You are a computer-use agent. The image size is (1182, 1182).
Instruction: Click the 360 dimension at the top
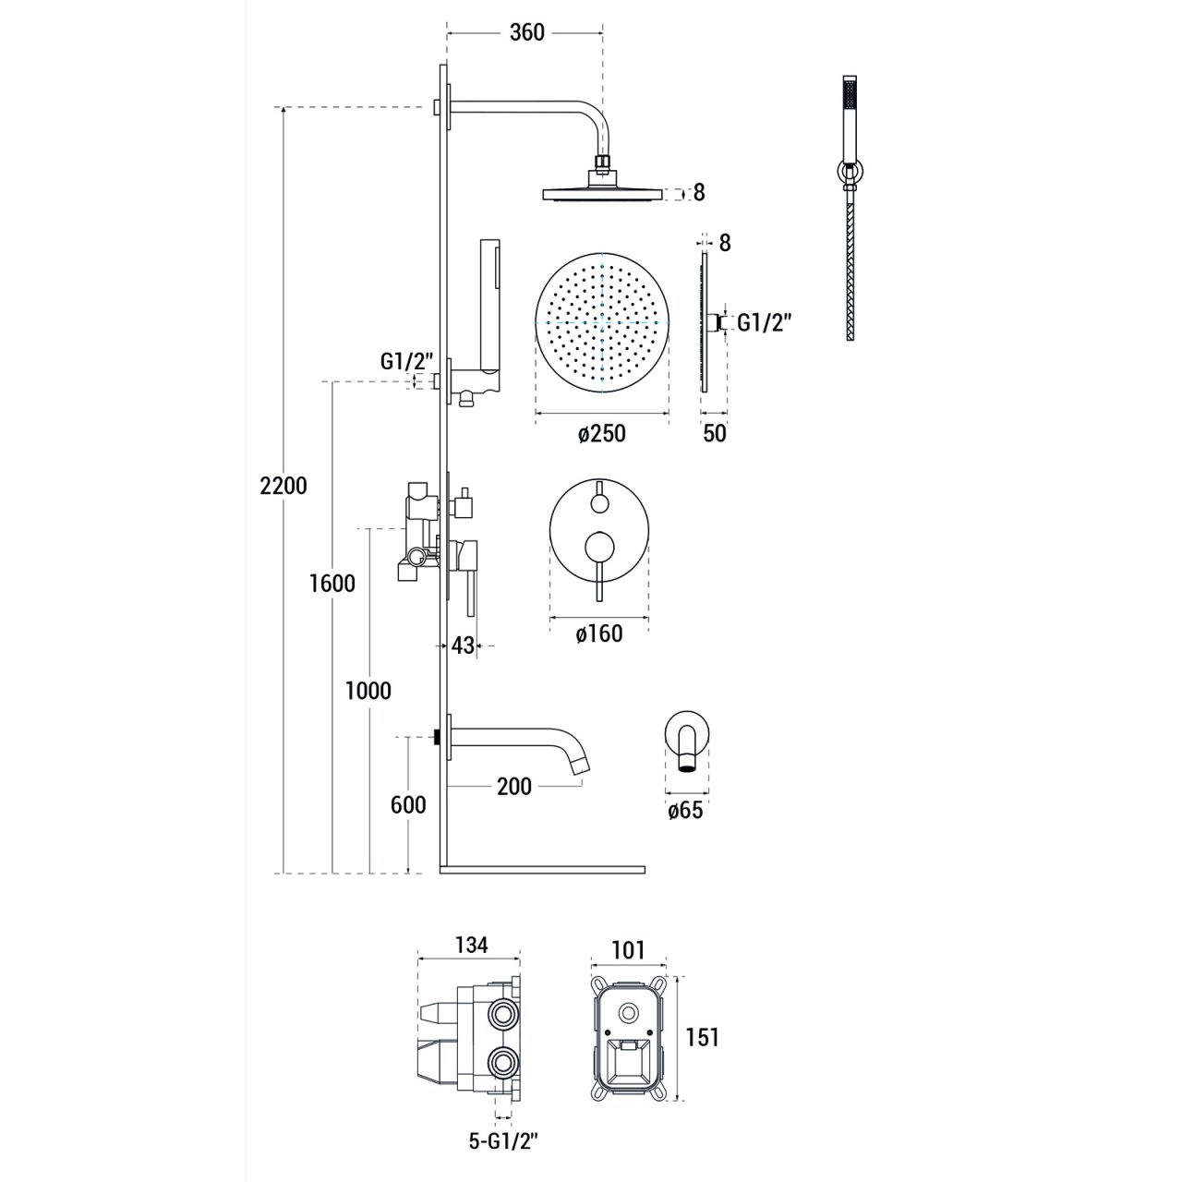[x=527, y=32]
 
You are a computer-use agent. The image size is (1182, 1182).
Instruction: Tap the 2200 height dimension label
[x=283, y=486]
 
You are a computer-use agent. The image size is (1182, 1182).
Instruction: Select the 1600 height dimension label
[x=332, y=583]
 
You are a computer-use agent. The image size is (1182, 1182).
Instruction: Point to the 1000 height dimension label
[x=368, y=691]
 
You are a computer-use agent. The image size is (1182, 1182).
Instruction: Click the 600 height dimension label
[x=408, y=804]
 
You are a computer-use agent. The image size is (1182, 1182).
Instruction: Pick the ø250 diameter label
[x=602, y=434]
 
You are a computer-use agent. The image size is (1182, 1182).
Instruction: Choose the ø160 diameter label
[x=599, y=633]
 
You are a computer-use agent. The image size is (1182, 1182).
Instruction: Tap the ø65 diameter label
[x=685, y=810]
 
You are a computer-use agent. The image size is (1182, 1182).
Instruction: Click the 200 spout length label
[x=514, y=787]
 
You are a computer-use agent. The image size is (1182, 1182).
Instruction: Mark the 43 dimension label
[x=464, y=645]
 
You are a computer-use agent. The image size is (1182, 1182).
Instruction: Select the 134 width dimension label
[x=471, y=946]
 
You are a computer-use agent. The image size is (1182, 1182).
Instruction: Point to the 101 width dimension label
[x=629, y=950]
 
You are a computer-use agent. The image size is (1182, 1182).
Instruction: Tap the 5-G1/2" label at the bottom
[x=503, y=1140]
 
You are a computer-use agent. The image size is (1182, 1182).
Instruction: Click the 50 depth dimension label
[x=715, y=434]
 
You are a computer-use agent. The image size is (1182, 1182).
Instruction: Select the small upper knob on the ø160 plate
[x=598, y=504]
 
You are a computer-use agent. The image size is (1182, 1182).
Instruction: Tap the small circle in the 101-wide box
[x=628, y=1010]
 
